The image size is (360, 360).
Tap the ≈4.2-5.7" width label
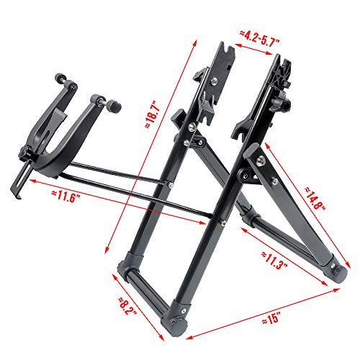click(259, 35)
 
